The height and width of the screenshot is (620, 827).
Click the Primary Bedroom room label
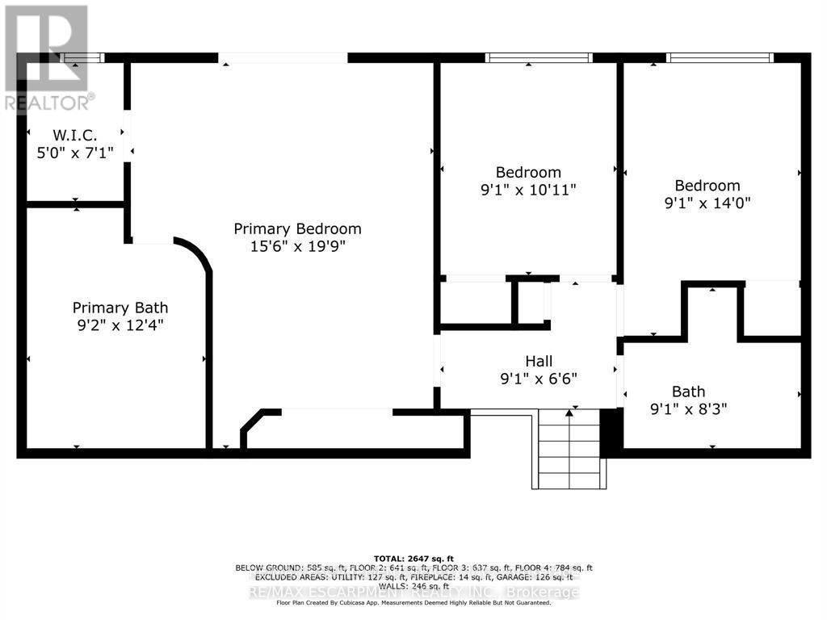click(297, 228)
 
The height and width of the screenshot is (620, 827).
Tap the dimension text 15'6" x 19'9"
click(297, 247)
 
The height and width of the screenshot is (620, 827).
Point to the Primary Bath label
click(120, 308)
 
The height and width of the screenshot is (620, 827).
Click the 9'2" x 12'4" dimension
click(120, 326)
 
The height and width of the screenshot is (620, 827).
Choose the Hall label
click(539, 361)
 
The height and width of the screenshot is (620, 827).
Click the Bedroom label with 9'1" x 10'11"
click(528, 172)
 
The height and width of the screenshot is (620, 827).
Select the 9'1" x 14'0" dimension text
click(707, 203)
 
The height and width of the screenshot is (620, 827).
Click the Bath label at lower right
click(688, 392)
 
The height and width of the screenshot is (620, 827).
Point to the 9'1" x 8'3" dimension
click(688, 409)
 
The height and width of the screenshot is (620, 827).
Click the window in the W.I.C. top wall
click(84, 57)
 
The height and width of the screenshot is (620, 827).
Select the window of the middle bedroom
click(538, 57)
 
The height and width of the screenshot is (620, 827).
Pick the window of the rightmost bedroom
click(720, 57)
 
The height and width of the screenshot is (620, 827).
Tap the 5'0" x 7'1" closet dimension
click(75, 152)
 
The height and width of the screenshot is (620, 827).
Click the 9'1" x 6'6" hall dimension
click(539, 379)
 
